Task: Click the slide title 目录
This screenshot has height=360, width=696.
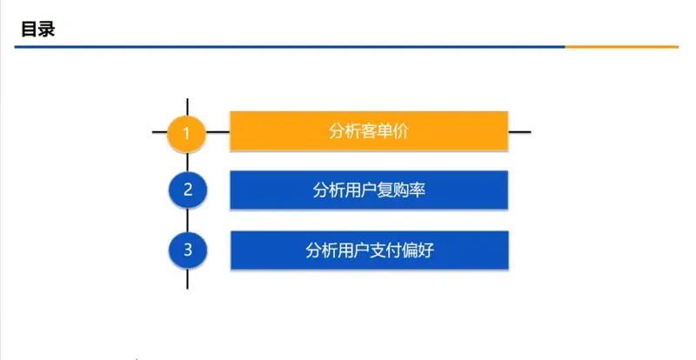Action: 37,29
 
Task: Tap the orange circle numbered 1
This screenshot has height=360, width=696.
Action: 188,133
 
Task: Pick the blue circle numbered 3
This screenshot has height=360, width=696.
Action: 188,250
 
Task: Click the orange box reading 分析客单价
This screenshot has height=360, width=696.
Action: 368,131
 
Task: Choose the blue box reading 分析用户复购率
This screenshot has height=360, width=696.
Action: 368,190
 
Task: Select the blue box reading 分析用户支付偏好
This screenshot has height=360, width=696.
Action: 368,250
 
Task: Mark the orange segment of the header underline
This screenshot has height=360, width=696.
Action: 621,46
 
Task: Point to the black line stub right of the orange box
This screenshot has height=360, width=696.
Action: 519,132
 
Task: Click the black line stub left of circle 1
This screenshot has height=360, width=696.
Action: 160,132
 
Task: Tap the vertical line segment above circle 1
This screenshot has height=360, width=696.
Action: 188,106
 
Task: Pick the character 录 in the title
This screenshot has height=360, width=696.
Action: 47,29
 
